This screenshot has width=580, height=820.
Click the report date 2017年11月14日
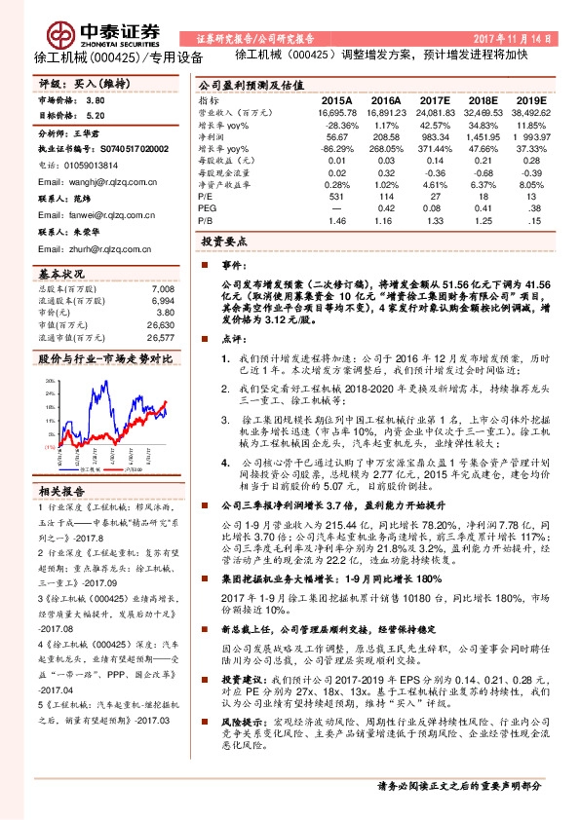coord(516,39)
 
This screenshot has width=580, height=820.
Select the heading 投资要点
coord(225,240)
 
